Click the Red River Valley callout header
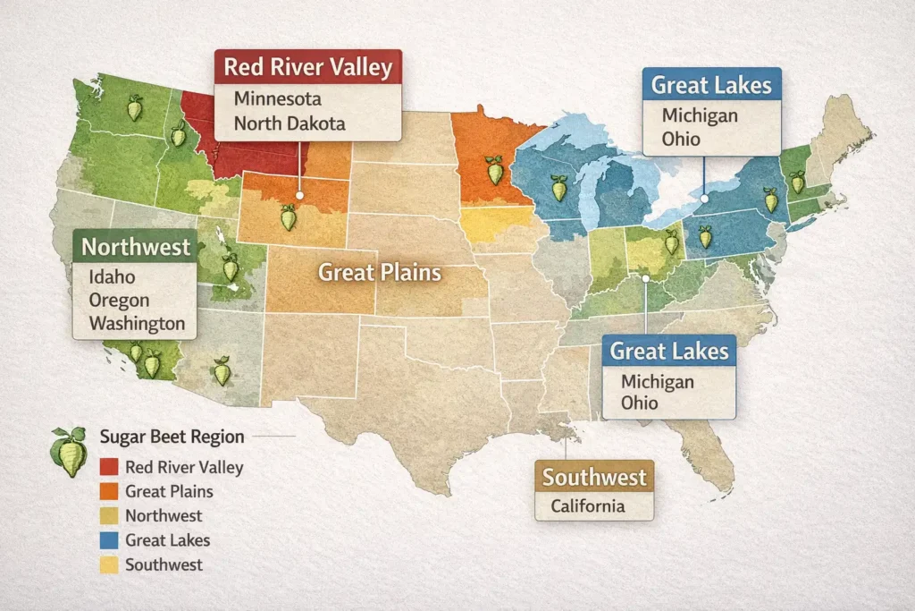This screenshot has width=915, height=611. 308,68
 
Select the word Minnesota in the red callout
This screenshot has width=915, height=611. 277,98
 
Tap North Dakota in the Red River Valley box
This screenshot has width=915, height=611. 289,123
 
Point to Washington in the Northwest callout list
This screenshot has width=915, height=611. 137,324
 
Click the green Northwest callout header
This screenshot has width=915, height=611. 136,247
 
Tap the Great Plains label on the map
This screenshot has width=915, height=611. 380,272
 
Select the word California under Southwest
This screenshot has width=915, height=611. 588,506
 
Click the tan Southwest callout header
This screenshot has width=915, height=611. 594,477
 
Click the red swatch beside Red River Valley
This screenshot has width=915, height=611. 109,467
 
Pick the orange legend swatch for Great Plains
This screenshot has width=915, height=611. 109,491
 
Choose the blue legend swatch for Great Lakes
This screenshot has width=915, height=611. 109,540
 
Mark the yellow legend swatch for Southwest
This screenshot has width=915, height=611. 109,564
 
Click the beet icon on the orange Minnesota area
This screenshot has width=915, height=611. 494,169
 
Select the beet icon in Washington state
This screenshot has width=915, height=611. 135,108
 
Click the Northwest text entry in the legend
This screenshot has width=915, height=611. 164,516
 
